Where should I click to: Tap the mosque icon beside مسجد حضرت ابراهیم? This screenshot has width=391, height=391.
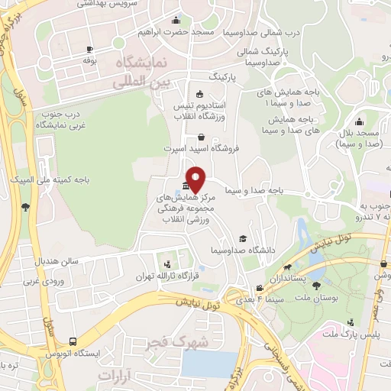178,21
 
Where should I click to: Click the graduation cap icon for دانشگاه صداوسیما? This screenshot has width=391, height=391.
243,238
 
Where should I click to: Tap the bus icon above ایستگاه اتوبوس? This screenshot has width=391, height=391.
72,341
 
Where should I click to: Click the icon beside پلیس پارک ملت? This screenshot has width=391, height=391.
350,323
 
